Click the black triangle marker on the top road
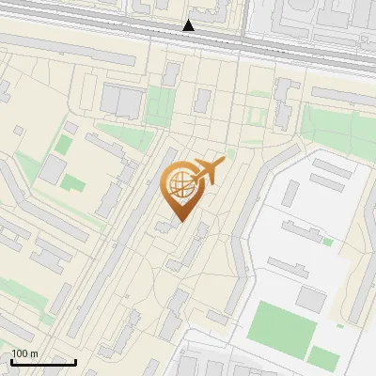189,26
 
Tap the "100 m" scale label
24,353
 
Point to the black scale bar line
43,362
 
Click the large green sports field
279,325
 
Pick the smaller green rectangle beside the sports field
324,357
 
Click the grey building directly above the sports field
311,298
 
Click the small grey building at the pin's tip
166,225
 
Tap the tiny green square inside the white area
328,242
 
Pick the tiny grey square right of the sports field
340,325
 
